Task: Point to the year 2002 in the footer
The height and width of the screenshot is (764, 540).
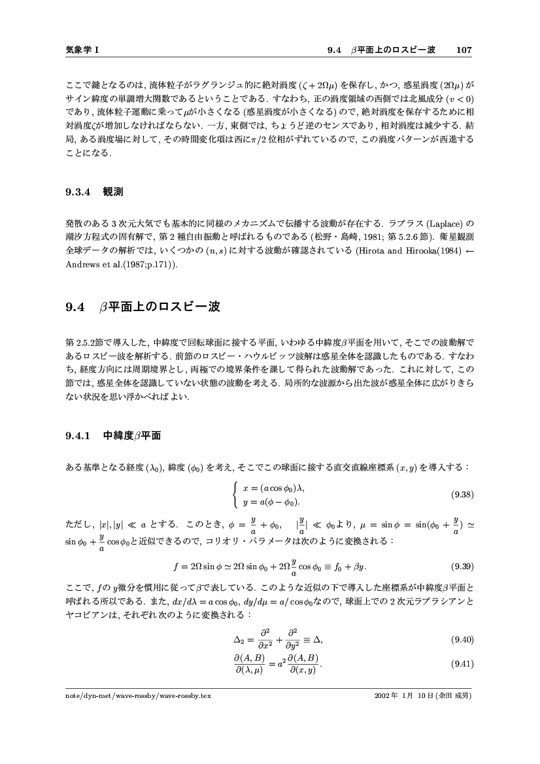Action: (x=380, y=695)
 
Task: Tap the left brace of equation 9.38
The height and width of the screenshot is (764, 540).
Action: (x=236, y=495)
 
